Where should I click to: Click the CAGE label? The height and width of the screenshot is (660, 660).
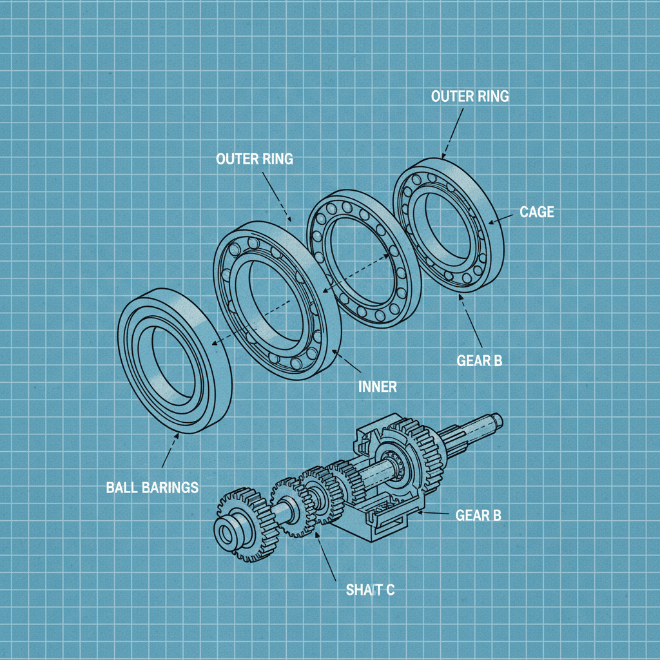[x=536, y=212]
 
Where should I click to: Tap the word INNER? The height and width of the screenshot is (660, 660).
[x=377, y=387]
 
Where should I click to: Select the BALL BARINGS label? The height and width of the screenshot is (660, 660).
[x=152, y=487]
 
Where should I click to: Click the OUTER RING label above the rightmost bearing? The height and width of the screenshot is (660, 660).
[x=470, y=97]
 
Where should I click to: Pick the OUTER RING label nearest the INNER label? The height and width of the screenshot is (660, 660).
[x=255, y=159]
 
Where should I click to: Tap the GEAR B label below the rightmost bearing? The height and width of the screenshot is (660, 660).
[x=479, y=361]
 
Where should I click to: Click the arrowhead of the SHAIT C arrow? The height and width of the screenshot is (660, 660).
[x=317, y=533]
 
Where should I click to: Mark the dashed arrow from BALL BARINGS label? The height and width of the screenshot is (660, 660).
[x=169, y=451]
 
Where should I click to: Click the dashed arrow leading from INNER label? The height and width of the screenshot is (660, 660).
[x=347, y=364]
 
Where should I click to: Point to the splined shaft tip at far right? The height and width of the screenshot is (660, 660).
[x=496, y=421]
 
